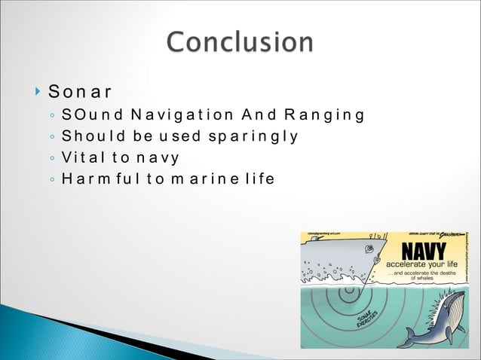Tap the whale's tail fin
point(408,335)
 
